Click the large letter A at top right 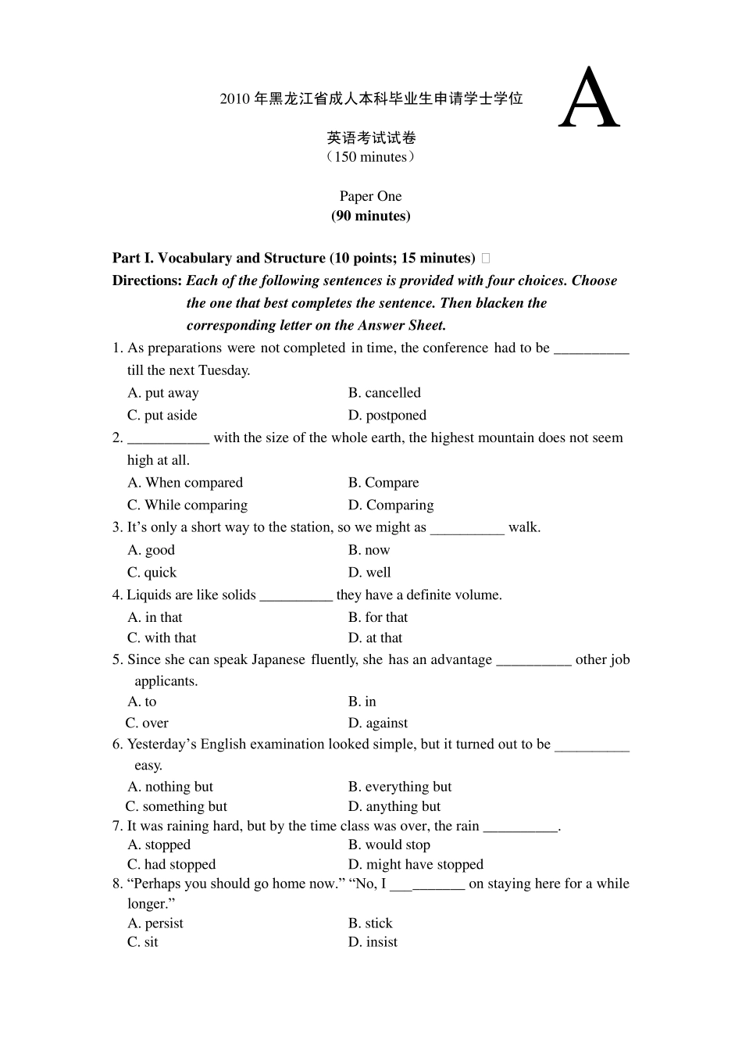tap(590, 100)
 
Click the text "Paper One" tap(370, 196)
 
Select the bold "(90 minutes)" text tap(370, 216)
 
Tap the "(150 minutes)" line tap(370, 157)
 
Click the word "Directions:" tap(147, 280)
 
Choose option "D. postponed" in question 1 tap(387, 416)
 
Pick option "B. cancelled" tap(384, 393)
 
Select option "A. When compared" tap(185, 483)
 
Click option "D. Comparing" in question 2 tap(391, 505)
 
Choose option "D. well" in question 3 tap(369, 573)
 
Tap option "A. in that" tap(155, 617)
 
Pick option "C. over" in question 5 tap(147, 723)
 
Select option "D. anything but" tap(394, 806)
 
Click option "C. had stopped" tap(171, 865)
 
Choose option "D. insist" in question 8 tap(373, 942)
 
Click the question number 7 tap(116, 827)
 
